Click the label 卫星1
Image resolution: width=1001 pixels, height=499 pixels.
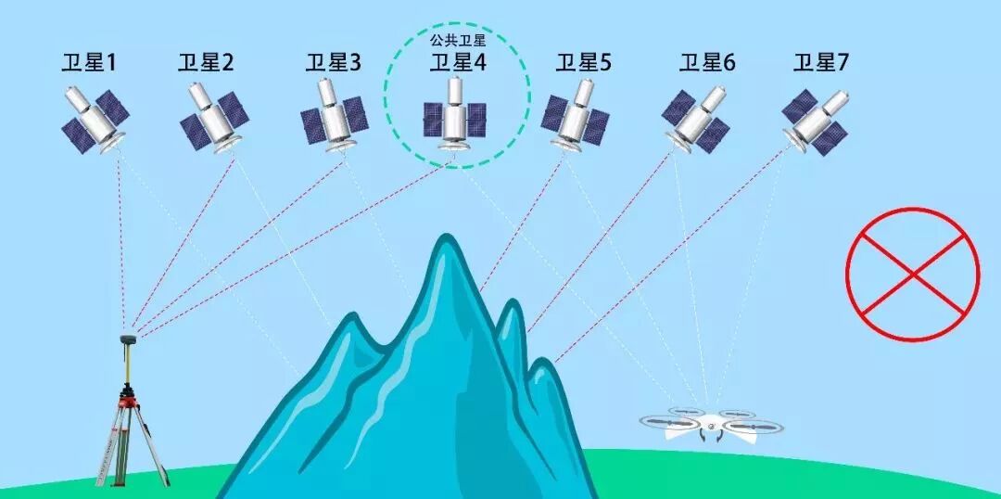[89, 63]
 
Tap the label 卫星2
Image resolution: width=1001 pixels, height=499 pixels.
[206, 63]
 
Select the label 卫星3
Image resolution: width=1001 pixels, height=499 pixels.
[334, 63]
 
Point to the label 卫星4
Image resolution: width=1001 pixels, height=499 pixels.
[458, 63]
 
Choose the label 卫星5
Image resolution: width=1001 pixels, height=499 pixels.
[584, 63]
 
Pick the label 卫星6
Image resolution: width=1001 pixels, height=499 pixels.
[707, 63]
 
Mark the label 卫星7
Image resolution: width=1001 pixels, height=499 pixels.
[821, 63]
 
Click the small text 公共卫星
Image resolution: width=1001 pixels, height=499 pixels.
[458, 40]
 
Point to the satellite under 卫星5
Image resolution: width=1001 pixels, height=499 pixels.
[576, 115]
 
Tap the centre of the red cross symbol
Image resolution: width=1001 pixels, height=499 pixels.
[912, 274]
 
